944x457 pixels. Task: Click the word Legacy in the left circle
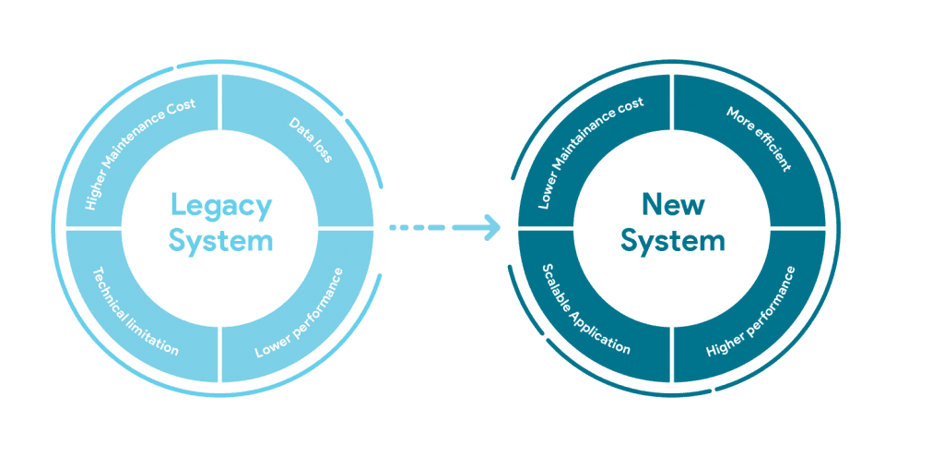[220, 205]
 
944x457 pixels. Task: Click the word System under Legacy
[220, 241]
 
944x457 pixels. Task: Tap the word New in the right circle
[672, 204]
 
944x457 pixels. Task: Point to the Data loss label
[311, 140]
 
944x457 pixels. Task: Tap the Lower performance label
[300, 313]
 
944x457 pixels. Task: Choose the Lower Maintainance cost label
[590, 153]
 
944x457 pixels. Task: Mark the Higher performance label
[750, 313]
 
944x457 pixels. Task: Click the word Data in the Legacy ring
[301, 129]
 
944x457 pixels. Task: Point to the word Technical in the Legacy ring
[109, 291]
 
